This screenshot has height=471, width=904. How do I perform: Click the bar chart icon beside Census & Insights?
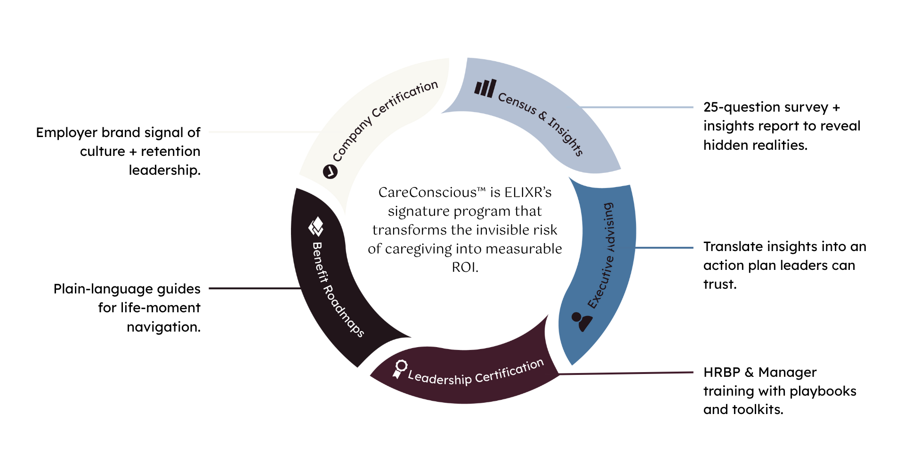pos(485,88)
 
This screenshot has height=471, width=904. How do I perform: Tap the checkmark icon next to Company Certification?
pos(330,172)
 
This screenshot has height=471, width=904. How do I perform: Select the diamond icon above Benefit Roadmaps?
pos(316,227)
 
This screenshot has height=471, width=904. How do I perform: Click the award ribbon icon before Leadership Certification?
pos(400,369)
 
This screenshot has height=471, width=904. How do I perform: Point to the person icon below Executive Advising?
pos(582,321)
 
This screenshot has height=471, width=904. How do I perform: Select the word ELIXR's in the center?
pos(528,193)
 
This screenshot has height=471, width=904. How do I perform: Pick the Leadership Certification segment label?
pos(476,374)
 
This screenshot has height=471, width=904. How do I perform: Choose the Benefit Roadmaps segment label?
pos(337,290)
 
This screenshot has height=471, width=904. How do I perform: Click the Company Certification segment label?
pos(385,121)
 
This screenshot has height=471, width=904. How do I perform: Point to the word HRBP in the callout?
pos(721,372)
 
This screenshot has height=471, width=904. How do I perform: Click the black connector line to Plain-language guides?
pos(254,288)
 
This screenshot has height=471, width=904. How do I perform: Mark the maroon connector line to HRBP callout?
pos(626,373)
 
